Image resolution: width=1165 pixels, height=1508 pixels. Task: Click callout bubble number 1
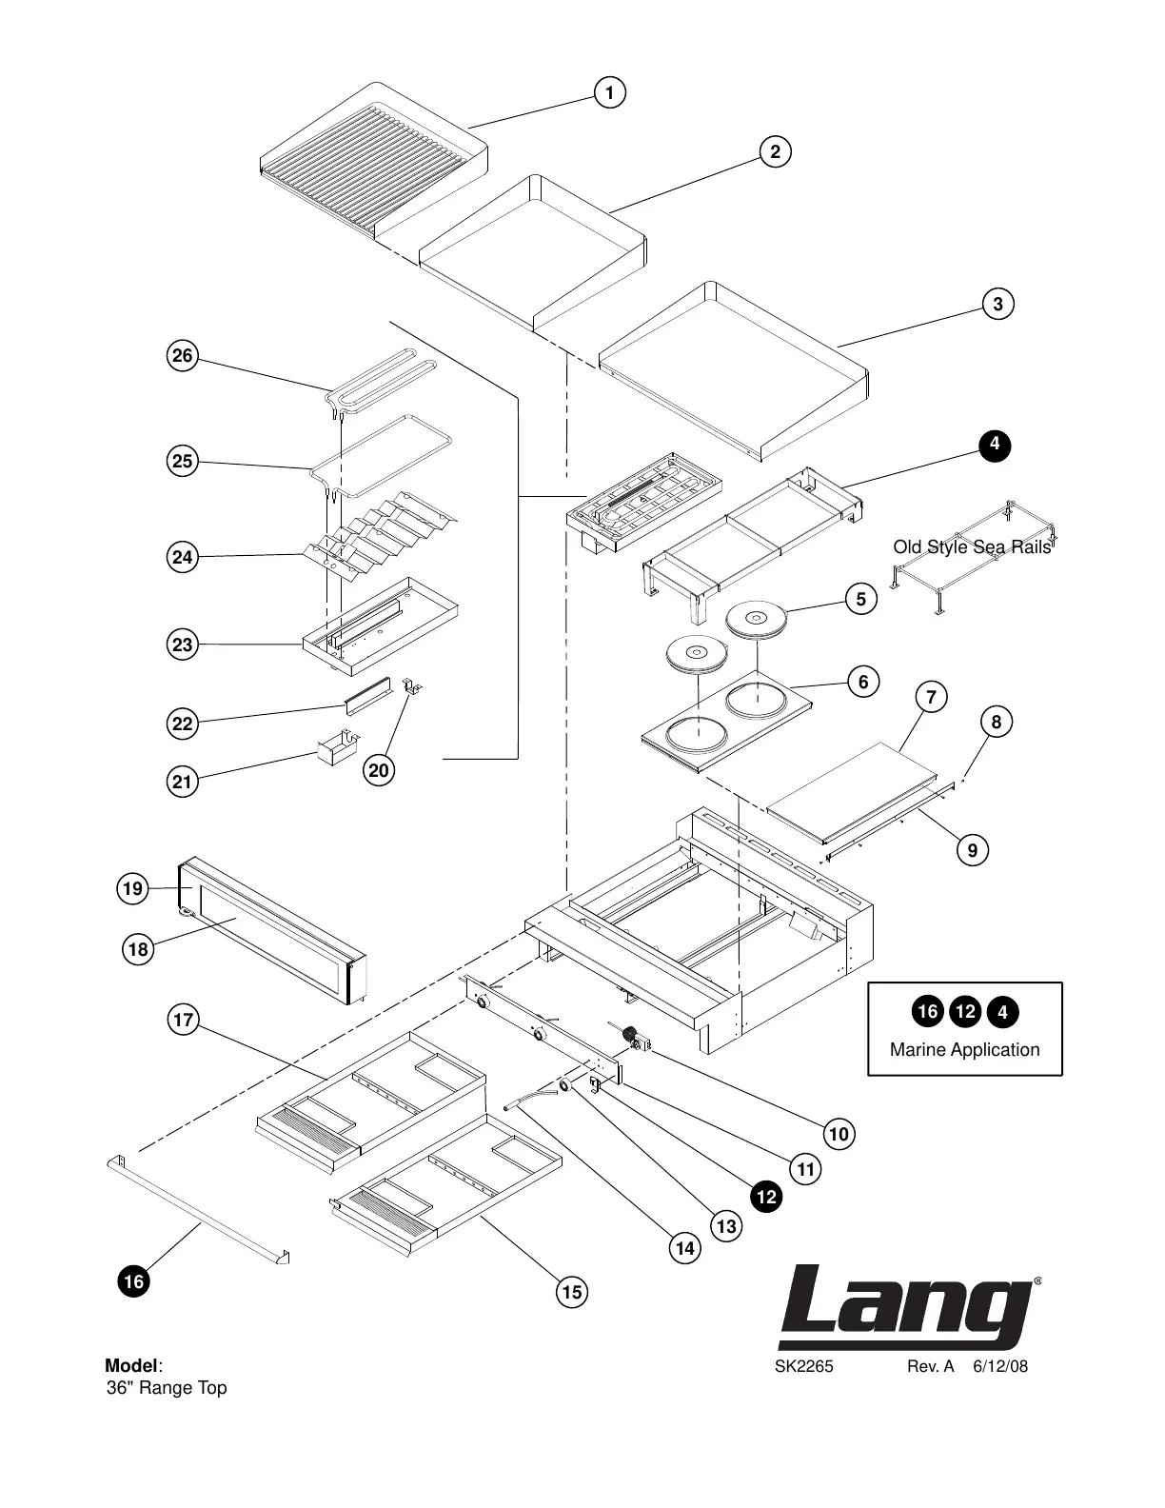[x=609, y=92]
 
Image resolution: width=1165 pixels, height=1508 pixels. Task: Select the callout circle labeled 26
[x=182, y=357]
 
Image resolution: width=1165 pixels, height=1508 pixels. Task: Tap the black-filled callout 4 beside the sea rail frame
[x=994, y=445]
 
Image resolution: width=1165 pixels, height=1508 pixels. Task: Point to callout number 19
[x=132, y=889]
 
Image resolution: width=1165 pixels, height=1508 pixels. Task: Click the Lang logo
[x=906, y=1308]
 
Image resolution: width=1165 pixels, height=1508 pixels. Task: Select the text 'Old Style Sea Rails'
[x=972, y=547]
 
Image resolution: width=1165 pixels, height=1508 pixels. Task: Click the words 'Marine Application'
[x=964, y=1050]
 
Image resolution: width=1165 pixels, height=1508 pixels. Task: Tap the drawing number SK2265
[x=803, y=1367]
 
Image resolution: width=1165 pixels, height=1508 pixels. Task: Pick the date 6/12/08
[x=999, y=1367]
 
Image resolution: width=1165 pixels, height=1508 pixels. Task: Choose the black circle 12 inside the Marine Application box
[x=965, y=1012]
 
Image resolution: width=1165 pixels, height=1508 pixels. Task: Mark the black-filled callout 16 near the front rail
[x=134, y=1281]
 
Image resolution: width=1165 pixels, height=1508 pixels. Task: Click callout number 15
[x=571, y=1292]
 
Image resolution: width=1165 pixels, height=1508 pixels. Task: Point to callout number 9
[x=972, y=849]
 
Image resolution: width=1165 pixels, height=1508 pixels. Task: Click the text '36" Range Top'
[x=167, y=1388]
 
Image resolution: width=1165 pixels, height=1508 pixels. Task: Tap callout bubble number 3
[x=997, y=305]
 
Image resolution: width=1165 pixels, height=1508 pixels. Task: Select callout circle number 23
[x=182, y=645]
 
